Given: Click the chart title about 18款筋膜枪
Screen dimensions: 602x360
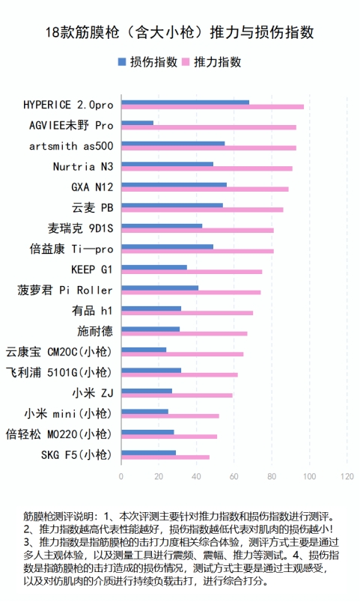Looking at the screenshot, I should pos(180,32).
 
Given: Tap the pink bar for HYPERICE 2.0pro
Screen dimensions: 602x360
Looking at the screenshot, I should pos(213,107).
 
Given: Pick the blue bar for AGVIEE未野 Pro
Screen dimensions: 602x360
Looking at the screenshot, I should pos(137,123).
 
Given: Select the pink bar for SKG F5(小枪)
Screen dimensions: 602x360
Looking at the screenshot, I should pos(165,457).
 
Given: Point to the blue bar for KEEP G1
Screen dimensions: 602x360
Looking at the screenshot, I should pos(154,267).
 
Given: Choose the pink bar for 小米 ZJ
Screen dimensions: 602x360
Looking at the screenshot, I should pos(177,395).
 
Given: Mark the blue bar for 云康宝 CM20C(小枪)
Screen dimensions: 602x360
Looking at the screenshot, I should pos(144,350).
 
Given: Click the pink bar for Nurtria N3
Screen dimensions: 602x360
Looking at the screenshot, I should pos(207,168).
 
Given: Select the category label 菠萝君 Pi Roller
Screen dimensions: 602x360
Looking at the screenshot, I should pos(65,290).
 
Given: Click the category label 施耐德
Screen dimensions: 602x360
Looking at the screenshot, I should pos(95,331).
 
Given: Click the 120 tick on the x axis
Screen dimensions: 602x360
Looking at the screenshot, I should pos(347,476).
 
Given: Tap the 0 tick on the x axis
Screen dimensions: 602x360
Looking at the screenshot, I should pos(121,476).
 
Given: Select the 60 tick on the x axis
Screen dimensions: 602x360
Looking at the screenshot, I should pos(234,476).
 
